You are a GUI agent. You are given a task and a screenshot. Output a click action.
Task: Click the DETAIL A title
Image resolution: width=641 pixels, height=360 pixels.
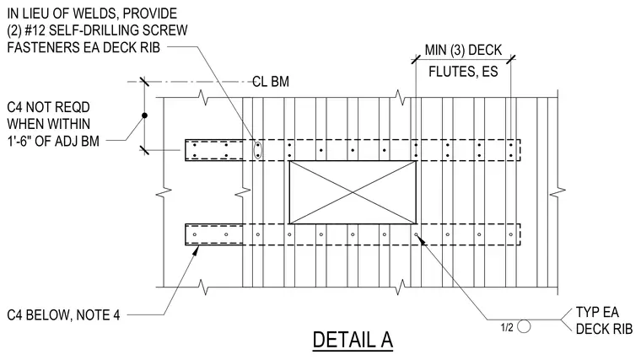tap(353, 340)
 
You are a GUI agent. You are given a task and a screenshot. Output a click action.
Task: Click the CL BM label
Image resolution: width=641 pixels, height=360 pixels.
tap(271, 82)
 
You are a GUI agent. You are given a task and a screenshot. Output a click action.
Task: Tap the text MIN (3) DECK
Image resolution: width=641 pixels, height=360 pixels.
tap(463, 50)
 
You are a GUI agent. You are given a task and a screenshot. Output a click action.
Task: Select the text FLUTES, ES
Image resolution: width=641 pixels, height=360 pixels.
tap(463, 72)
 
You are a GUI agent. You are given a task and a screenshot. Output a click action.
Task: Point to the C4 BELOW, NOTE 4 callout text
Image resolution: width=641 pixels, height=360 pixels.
tap(63, 315)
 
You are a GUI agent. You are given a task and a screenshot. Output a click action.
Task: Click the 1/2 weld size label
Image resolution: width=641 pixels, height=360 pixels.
tap(507, 327)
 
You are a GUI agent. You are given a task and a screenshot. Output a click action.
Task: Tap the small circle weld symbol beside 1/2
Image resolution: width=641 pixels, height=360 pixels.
tap(524, 326)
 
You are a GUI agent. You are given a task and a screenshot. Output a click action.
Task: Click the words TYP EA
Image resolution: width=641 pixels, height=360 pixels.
tap(597, 312)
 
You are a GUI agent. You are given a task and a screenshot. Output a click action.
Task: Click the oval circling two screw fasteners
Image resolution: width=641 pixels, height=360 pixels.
tap(257, 150)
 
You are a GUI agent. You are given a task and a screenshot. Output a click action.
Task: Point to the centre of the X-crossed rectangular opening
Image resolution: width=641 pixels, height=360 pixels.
tap(353, 192)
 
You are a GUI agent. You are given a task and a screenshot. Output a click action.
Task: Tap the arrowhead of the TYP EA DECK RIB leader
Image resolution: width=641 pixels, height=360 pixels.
tap(420, 239)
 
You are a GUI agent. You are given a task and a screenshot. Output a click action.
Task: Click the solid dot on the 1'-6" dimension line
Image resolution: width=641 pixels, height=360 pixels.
tap(144, 116)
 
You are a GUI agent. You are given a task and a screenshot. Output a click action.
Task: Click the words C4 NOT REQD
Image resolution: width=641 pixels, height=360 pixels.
tap(48, 107)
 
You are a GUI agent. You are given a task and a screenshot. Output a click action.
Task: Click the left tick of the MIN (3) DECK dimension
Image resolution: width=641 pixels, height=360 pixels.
tap(416, 59)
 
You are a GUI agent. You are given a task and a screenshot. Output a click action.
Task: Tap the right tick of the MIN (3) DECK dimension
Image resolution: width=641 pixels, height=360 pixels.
tap(510, 59)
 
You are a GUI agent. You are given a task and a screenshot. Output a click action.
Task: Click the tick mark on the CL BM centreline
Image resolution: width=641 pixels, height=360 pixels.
tap(144, 82)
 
